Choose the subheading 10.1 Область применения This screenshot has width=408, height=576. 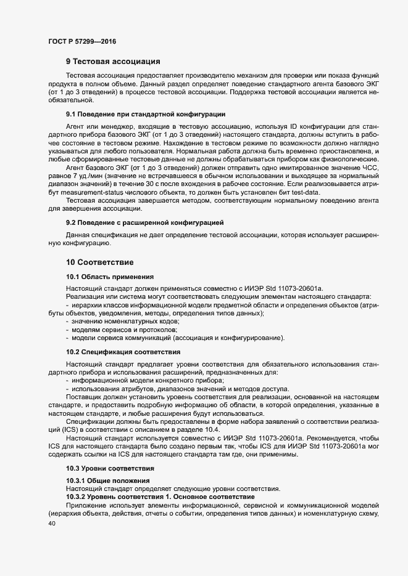coord(105,277)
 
